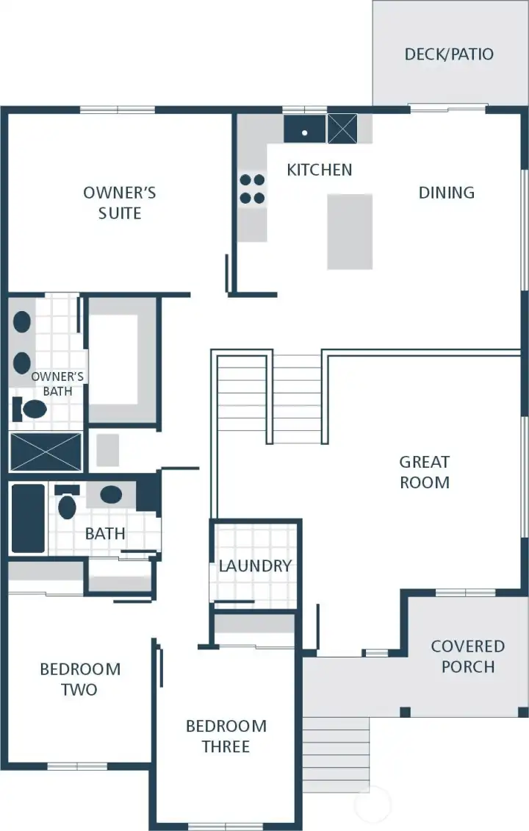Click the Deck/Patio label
click(x=449, y=54)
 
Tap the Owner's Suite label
click(x=120, y=203)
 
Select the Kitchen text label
click(x=319, y=170)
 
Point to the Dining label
click(x=446, y=193)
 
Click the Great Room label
click(x=424, y=472)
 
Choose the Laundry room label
click(x=255, y=566)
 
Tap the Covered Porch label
click(x=467, y=657)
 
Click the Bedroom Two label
click(x=79, y=680)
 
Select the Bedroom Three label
click(x=226, y=736)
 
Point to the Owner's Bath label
click(x=57, y=384)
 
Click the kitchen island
click(x=350, y=231)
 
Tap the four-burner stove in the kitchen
click(x=251, y=188)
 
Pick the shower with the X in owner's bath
click(x=46, y=452)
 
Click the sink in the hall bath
click(x=111, y=495)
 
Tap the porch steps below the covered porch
click(x=336, y=754)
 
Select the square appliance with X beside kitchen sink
click(x=342, y=129)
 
